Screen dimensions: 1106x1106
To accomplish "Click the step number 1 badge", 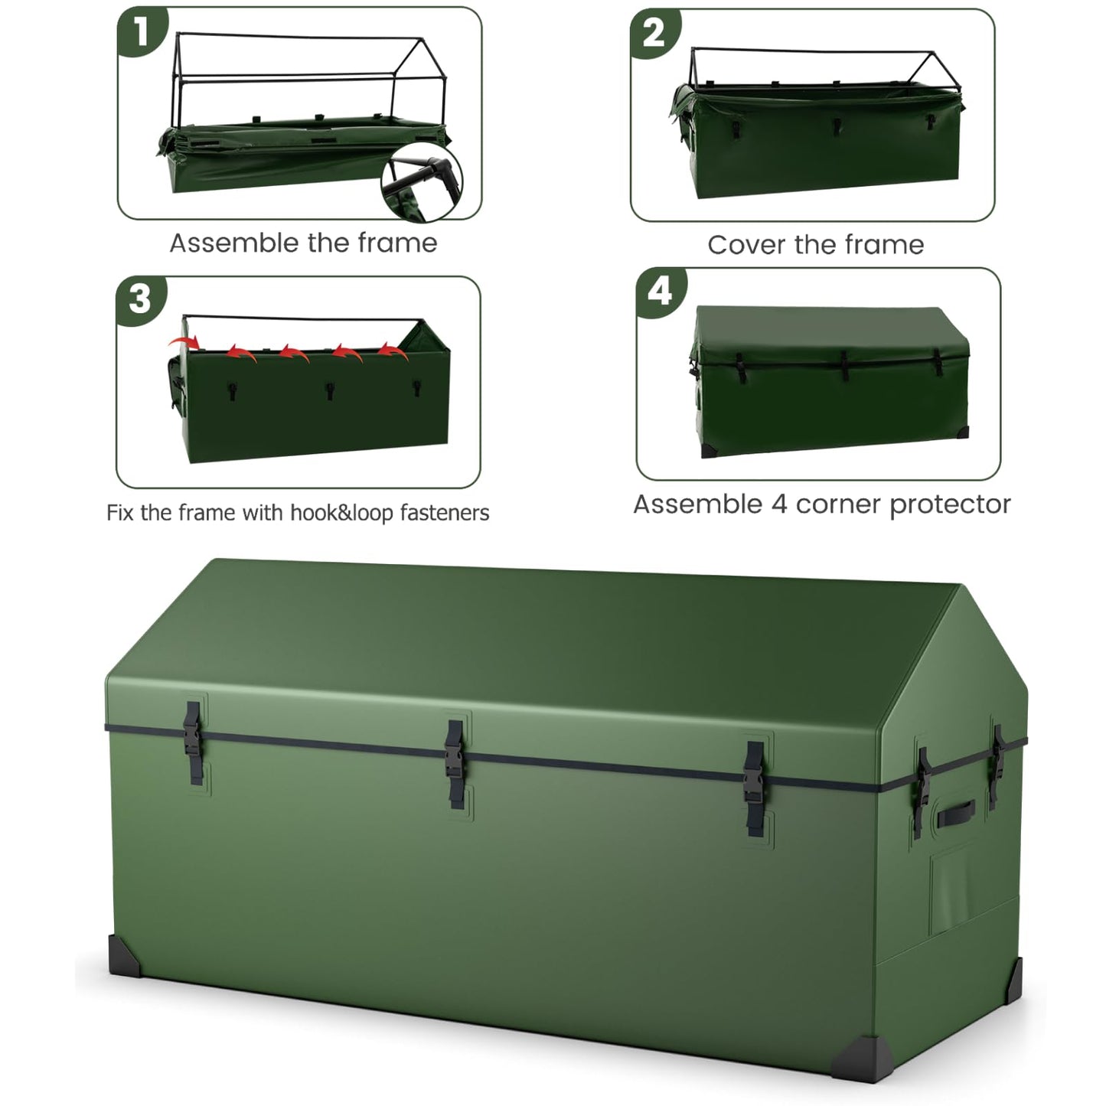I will (141, 32).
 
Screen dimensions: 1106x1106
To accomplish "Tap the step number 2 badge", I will (654, 34).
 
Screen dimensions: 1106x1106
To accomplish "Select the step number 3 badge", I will (140, 299).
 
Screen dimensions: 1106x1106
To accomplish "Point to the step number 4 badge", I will (660, 291).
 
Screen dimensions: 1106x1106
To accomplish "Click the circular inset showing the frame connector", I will (422, 181).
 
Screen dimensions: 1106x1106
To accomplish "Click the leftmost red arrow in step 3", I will (181, 341).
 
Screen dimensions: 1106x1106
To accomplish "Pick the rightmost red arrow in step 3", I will (393, 351).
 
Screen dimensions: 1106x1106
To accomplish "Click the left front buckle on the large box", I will (193, 740).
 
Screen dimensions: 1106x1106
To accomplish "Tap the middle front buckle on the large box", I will (456, 763).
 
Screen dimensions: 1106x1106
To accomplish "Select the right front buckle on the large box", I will (755, 787).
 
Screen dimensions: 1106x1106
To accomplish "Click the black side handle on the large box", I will (957, 814).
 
